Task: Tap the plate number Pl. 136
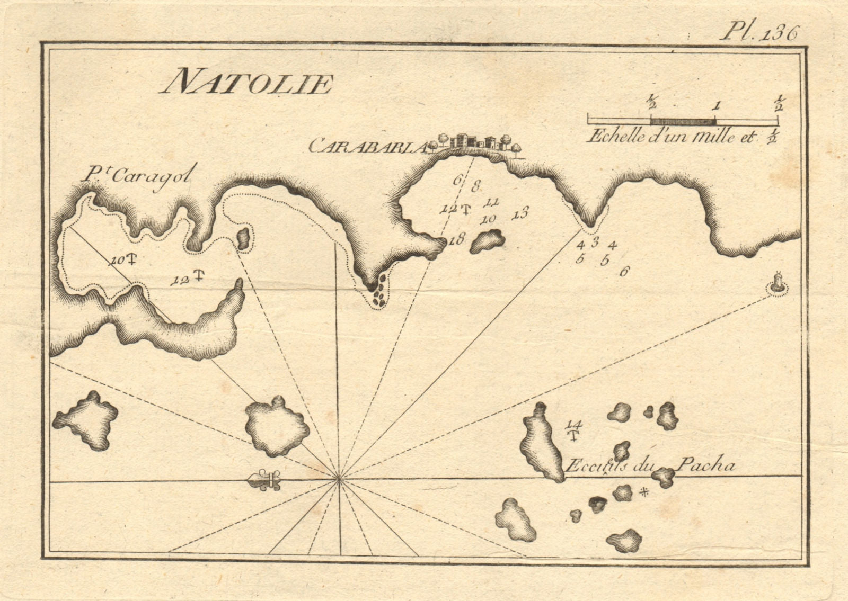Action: tap(758, 33)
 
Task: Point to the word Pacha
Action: tap(705, 465)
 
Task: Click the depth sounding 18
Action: tap(456, 239)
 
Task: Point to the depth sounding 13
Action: tap(519, 214)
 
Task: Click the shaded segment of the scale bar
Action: tap(683, 121)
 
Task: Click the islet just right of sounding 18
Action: tap(487, 241)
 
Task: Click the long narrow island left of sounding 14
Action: tap(541, 443)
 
